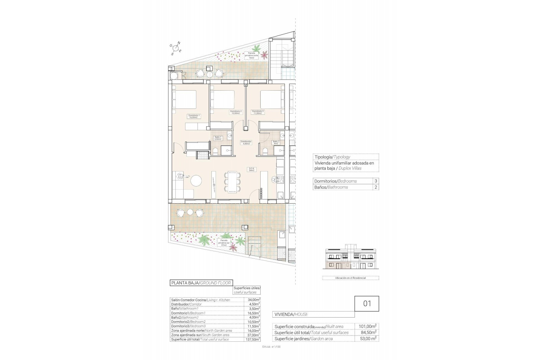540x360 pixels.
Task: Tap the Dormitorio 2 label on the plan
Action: tap(236, 112)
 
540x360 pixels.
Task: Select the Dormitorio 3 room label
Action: tap(258, 112)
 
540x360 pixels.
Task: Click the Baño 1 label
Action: tap(218, 138)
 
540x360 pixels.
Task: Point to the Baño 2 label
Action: tap(276, 143)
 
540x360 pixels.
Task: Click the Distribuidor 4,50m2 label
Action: tap(246, 143)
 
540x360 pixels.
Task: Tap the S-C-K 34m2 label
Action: tap(251, 169)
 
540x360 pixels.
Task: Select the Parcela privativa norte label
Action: tap(251, 55)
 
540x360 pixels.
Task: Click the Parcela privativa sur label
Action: tap(224, 243)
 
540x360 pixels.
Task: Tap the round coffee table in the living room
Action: tap(196, 181)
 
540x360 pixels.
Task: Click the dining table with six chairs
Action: tap(232, 182)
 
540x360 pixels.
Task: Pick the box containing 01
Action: tap(367, 303)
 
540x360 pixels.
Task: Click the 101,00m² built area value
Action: tap(367, 327)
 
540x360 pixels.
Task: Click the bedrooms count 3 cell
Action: tap(375, 181)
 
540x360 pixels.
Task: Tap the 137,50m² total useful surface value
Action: tap(252, 339)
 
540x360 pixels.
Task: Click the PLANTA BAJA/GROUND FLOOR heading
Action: tap(201, 283)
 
